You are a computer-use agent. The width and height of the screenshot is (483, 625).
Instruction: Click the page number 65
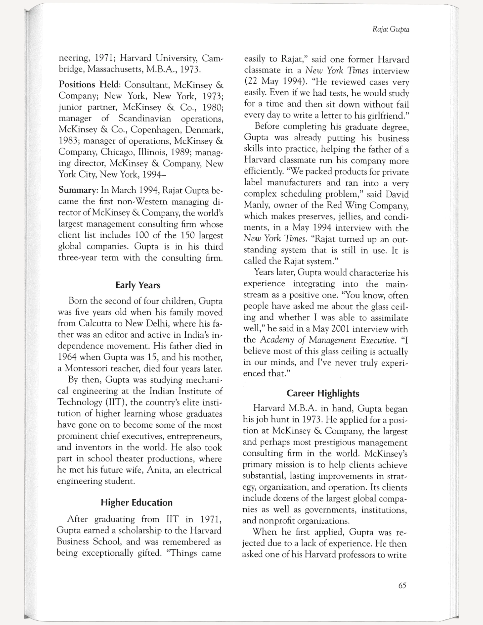(402, 585)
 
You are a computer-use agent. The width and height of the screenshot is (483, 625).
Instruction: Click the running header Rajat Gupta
(391, 29)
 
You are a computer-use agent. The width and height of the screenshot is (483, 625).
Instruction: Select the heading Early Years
(138, 285)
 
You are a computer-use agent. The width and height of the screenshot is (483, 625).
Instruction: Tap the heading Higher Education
(137, 502)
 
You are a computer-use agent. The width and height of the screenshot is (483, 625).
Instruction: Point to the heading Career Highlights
(323, 393)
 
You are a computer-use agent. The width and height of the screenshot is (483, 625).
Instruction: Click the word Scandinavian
(145, 118)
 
